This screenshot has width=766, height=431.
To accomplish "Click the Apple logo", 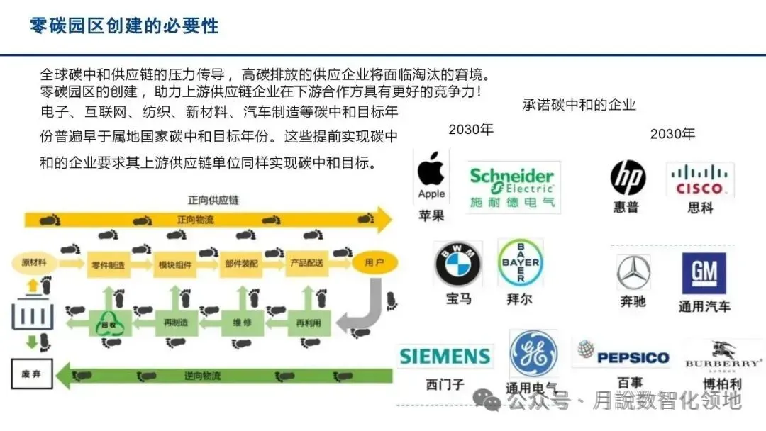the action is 431,175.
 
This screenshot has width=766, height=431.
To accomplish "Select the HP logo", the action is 628,178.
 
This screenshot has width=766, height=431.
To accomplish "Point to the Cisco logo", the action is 699,180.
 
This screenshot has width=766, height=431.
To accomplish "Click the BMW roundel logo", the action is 457,265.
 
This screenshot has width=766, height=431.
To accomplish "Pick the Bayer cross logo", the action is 521,262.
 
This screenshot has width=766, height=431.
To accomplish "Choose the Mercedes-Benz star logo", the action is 633,272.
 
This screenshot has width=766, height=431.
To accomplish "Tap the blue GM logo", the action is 704,273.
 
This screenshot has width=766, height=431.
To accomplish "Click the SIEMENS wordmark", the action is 445,356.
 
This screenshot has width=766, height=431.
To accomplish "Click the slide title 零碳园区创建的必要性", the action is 124,26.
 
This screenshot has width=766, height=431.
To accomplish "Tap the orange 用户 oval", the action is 374,263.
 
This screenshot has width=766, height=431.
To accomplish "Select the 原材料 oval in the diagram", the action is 34,263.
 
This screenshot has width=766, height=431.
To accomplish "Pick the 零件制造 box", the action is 109,264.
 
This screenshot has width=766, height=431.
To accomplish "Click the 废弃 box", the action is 32,374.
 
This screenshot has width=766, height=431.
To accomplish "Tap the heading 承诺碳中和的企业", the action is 579,105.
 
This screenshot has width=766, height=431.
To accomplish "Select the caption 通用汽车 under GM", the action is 704,306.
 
